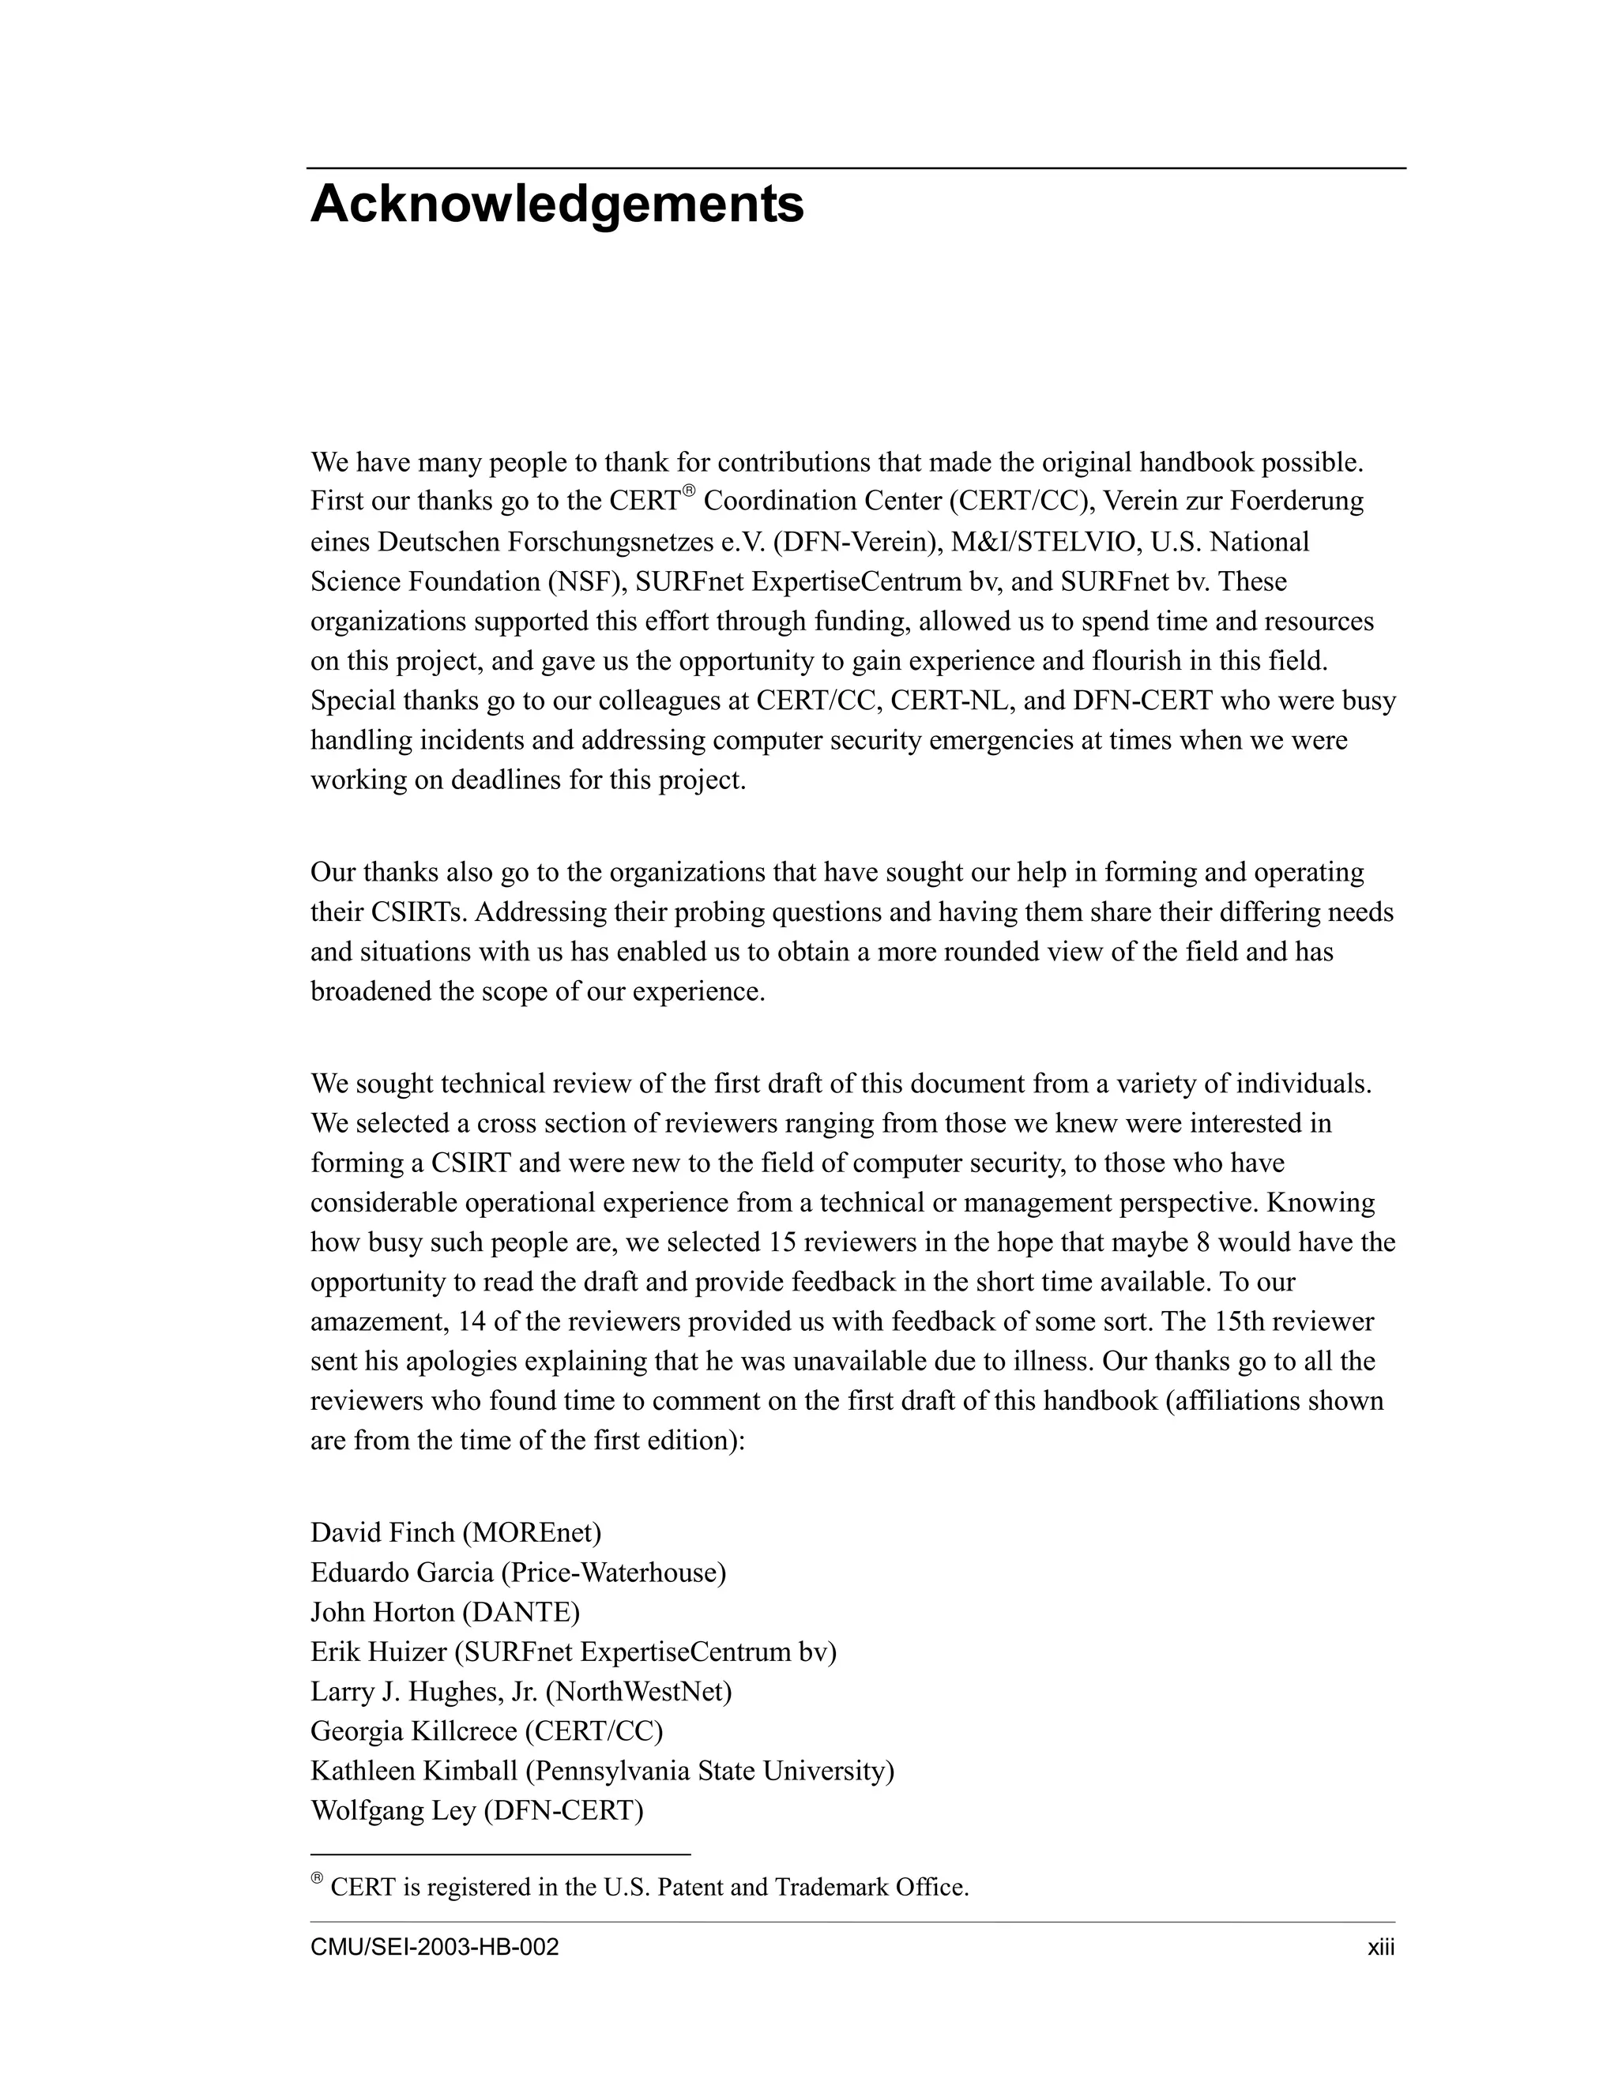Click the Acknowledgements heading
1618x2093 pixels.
[x=557, y=204]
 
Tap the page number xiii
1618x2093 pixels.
[x=1380, y=1948]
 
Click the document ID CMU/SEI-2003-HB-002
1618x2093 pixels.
[x=435, y=1948]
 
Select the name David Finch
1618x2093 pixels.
[x=382, y=1532]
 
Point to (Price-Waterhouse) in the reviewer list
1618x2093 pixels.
[x=613, y=1573]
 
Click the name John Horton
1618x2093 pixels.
[x=382, y=1612]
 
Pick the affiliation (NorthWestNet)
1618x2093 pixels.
[x=638, y=1692]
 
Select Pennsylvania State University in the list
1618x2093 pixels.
[x=713, y=1771]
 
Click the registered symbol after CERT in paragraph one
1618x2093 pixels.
[x=687, y=491]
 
